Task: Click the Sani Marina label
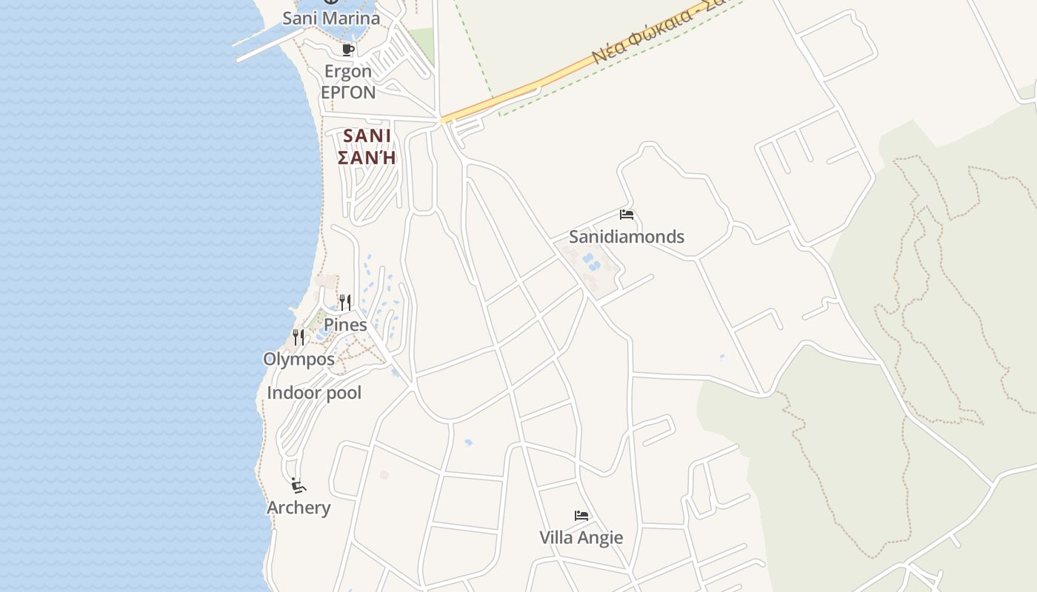pos(331,18)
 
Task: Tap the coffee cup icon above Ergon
pos(347,50)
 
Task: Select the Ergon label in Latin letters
pos(348,72)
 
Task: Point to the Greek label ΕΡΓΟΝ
pos(348,92)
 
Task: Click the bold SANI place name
pos(367,136)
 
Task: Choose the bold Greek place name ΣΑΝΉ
pos(367,158)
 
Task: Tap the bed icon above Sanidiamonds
pos(627,215)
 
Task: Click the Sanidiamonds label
pos(627,237)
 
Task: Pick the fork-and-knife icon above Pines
pos(345,302)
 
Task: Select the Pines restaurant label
pos(345,325)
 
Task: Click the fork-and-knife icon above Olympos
pos(299,337)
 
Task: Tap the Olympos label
pos(299,360)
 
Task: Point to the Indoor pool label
pos(314,393)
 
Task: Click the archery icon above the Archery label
pos(299,485)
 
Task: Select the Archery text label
pos(299,508)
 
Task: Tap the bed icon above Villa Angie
pos(581,516)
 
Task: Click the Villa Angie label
pos(581,538)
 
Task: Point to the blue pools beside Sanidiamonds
pos(591,261)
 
